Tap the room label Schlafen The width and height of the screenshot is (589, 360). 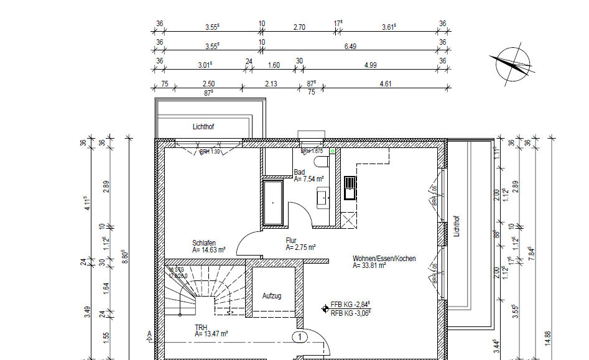coord(205,242)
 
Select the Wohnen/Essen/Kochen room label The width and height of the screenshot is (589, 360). coord(384,258)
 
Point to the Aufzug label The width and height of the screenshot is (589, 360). coord(272,296)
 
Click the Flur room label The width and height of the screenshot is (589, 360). coord(291,240)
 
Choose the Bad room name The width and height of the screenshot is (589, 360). coord(299,172)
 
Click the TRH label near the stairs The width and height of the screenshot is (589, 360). coord(200,326)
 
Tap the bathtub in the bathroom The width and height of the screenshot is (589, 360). coord(273,203)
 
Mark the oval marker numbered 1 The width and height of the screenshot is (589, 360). coord(300,337)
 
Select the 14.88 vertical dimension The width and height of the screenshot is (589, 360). coord(547,338)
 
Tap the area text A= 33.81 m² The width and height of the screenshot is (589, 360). coord(369,265)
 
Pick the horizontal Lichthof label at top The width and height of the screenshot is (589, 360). coord(203,127)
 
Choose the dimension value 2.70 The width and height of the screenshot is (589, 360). coord(299,27)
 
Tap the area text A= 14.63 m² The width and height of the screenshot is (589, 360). coord(208,250)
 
